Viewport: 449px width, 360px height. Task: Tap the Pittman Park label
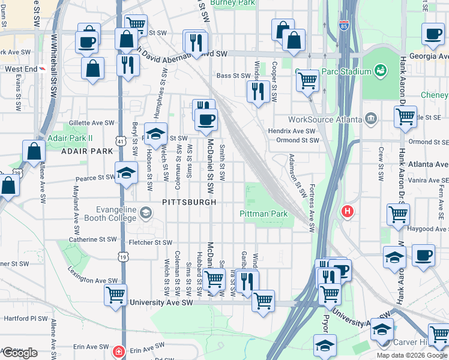pyautogui.click(x=264, y=214)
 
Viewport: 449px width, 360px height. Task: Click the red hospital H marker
pyautogui.click(x=347, y=211)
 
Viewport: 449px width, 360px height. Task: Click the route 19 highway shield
pyautogui.click(x=122, y=257)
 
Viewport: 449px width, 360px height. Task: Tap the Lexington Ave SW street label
pyautogui.click(x=92, y=280)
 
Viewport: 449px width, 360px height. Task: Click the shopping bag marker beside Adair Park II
pyautogui.click(x=34, y=152)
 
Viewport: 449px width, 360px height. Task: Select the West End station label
pyautogui.click(x=20, y=69)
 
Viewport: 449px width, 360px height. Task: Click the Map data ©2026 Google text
pyautogui.click(x=412, y=355)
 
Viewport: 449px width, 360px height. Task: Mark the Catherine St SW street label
pyautogui.click(x=92, y=239)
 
